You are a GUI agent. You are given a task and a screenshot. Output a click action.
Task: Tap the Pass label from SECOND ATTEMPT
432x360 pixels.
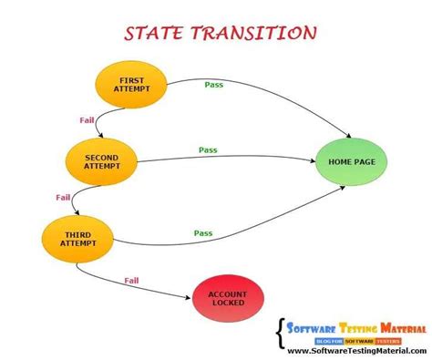[x=208, y=149]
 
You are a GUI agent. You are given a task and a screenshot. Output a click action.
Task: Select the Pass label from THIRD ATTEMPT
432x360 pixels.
[x=203, y=233]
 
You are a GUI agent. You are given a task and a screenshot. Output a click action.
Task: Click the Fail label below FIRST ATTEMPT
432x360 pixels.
[x=87, y=119]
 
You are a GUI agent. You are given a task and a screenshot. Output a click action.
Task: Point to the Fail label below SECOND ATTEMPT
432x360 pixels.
[x=63, y=197]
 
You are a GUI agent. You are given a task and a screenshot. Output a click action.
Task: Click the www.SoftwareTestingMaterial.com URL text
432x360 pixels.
[x=352, y=350]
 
